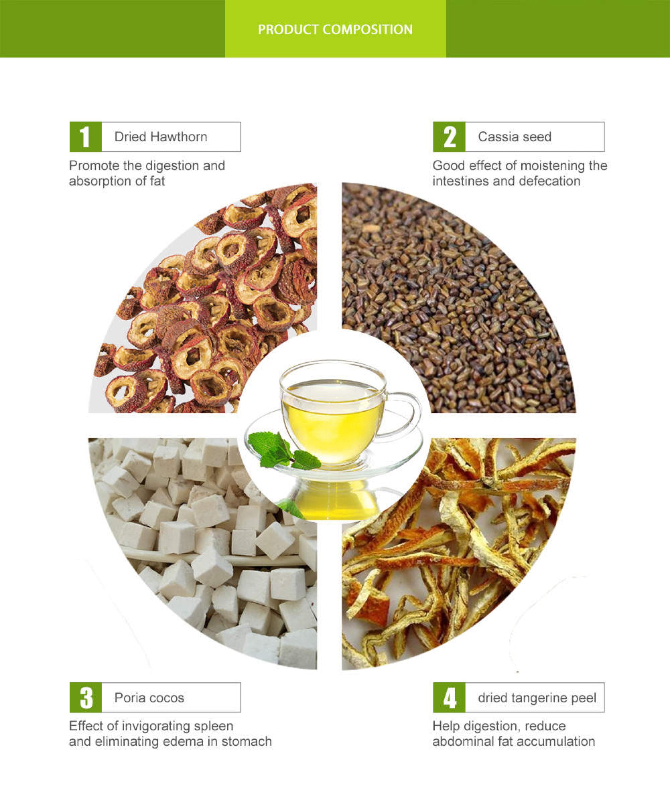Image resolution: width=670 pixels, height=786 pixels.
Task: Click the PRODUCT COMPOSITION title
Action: tap(335, 29)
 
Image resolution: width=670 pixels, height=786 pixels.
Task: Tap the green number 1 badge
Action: tap(86, 137)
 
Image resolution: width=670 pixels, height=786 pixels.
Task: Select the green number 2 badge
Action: tap(449, 137)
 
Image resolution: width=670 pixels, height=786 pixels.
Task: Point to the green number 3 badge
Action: tap(86, 697)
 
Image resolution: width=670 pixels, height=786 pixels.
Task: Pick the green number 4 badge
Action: tap(449, 697)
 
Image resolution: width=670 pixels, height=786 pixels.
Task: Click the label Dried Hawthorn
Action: tap(161, 137)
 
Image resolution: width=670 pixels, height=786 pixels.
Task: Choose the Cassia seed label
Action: tap(514, 137)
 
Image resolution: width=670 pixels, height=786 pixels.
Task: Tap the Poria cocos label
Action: tap(149, 698)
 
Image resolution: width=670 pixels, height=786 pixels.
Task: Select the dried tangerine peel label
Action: tap(537, 698)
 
